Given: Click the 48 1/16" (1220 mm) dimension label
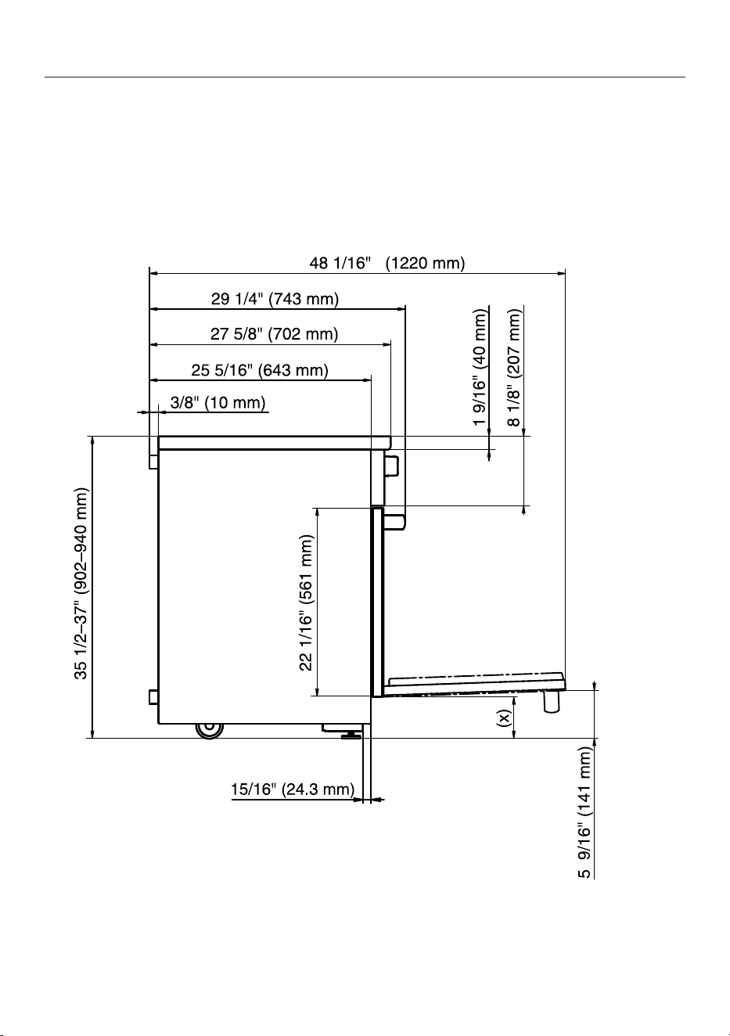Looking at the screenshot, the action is click(387, 263).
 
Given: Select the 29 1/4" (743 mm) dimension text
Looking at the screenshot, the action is click(275, 299).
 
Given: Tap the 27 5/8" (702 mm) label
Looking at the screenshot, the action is click(275, 333).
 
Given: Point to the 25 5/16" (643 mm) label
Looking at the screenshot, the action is click(260, 370).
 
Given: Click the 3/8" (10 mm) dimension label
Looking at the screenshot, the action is click(218, 402).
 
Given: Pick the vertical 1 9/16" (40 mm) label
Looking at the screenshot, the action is click(480, 367).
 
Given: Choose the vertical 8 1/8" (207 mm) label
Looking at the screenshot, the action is click(514, 368).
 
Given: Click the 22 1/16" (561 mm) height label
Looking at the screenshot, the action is click(306, 603).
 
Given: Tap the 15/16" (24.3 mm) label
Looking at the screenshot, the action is click(293, 789).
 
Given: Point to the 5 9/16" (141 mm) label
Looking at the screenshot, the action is click(584, 813).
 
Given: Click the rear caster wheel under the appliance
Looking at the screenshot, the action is click(209, 730).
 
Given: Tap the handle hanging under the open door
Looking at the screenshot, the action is click(550, 701).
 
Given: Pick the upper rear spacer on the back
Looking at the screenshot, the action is click(153, 461).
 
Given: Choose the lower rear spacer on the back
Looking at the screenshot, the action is click(153, 696).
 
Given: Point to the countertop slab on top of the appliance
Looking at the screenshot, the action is click(275, 443).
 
